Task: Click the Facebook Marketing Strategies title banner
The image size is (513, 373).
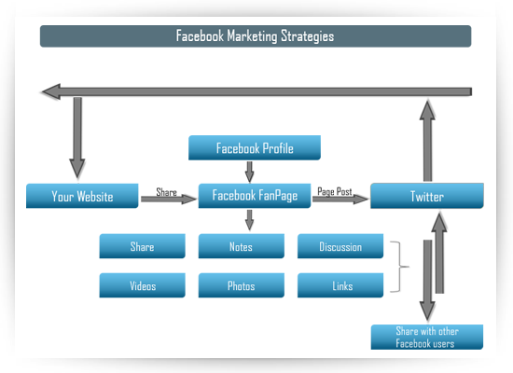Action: [256, 36]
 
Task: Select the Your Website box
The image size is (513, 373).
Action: [82, 196]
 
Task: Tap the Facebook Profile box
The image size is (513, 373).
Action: [255, 147]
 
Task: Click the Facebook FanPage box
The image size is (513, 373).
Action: [255, 196]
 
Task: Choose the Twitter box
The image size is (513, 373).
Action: [427, 196]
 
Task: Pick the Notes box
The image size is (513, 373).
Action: [242, 246]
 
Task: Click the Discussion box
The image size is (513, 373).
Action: [340, 246]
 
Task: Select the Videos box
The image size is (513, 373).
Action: [143, 285]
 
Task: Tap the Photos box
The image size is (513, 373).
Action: [242, 285]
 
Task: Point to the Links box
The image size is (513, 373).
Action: [340, 285]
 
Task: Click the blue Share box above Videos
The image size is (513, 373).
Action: [143, 246]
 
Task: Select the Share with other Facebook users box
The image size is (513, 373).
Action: [427, 337]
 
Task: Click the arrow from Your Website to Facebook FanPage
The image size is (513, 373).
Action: [169, 199]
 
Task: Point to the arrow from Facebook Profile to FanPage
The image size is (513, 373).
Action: [250, 172]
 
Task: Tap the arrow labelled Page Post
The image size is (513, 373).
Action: [340, 199]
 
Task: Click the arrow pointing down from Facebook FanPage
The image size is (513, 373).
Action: [250, 220]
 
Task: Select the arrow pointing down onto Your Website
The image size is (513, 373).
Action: [77, 137]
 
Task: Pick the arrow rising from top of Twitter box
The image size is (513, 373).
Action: [427, 141]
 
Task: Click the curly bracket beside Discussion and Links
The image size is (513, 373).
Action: [400, 267]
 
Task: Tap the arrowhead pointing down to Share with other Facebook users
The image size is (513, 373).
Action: [427, 311]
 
